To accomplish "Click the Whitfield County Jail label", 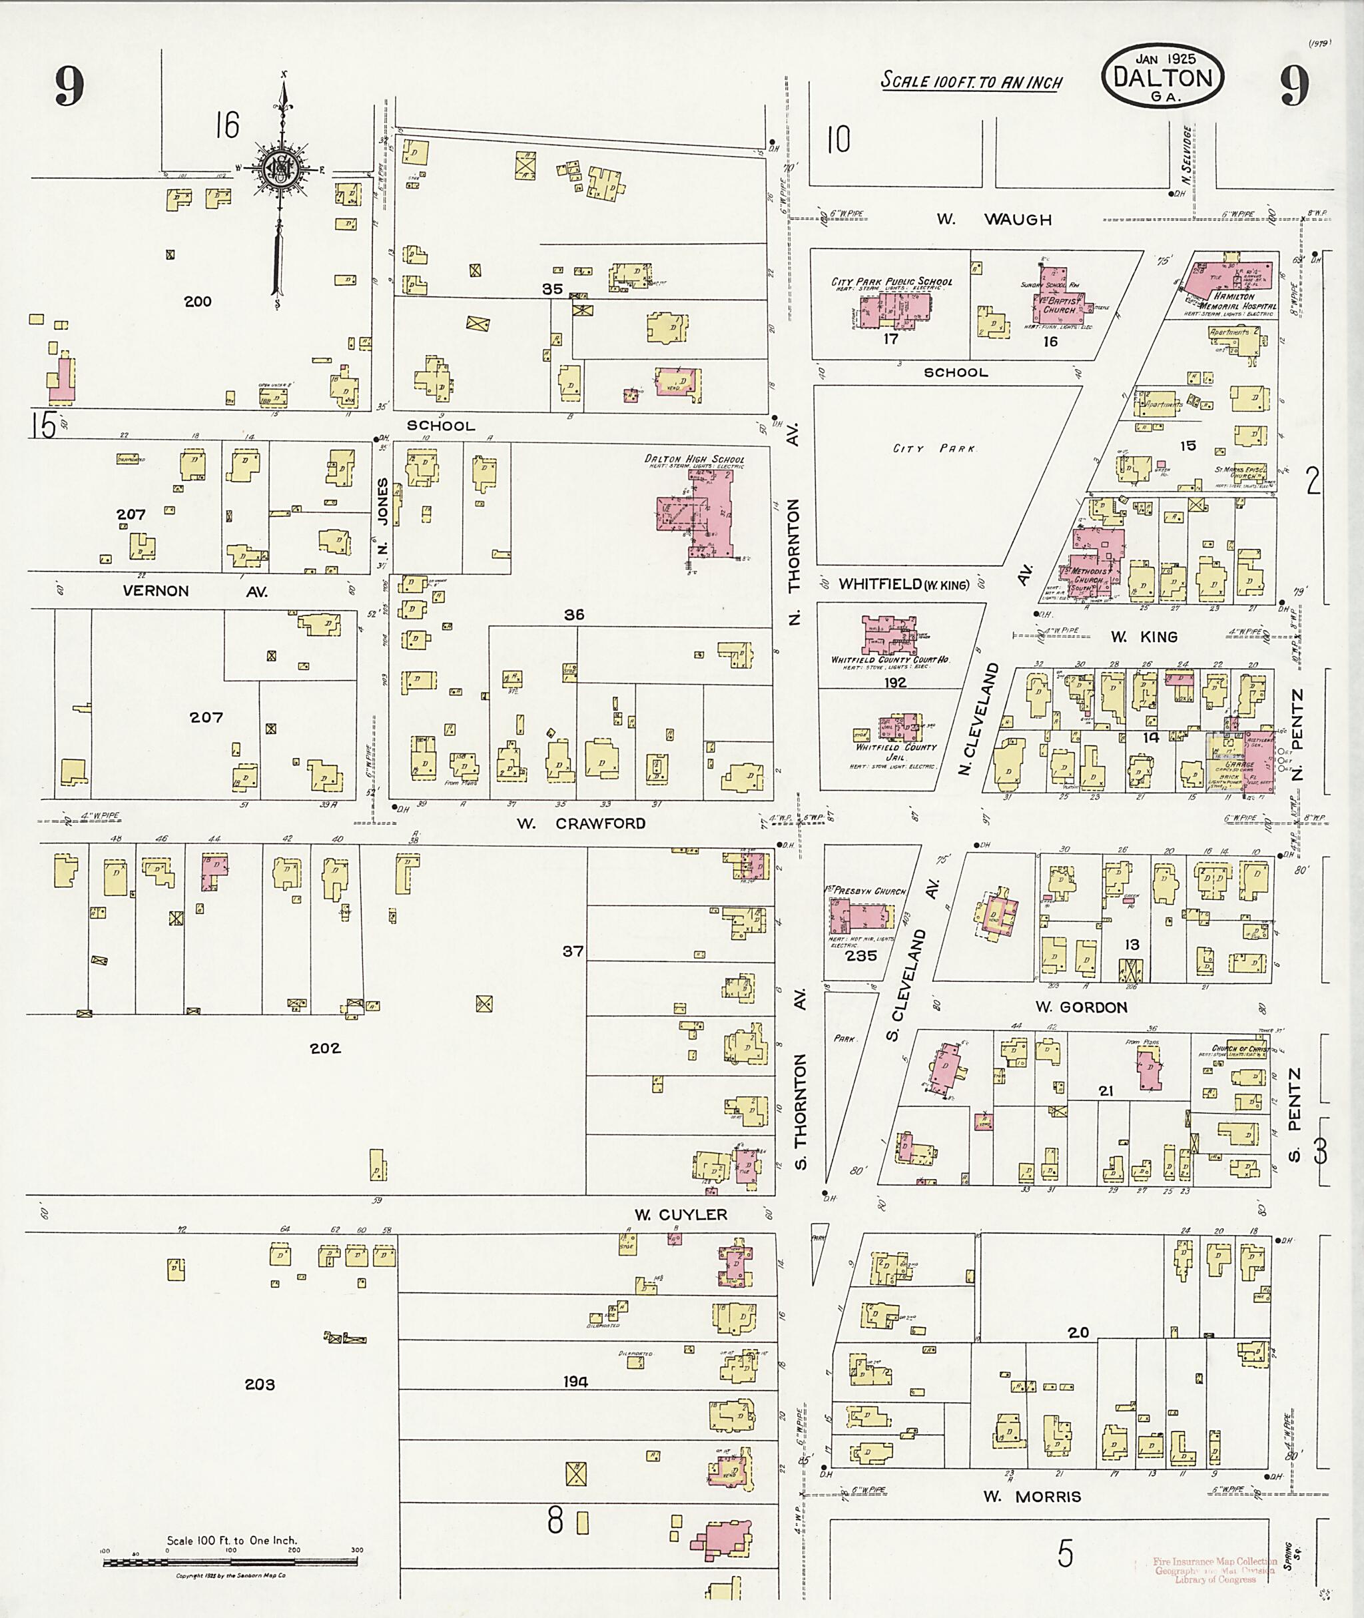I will click(x=895, y=752).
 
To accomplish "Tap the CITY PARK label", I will click(x=934, y=448).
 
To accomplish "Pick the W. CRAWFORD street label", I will click(x=581, y=824).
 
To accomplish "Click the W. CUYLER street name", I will click(x=681, y=1215).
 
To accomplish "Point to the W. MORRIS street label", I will click(x=1032, y=1497).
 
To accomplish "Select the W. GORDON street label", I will click(x=1081, y=1007).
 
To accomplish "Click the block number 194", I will click(x=575, y=1382).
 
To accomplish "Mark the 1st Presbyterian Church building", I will click(x=860, y=917).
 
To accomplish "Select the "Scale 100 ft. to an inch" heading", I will click(x=972, y=81).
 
